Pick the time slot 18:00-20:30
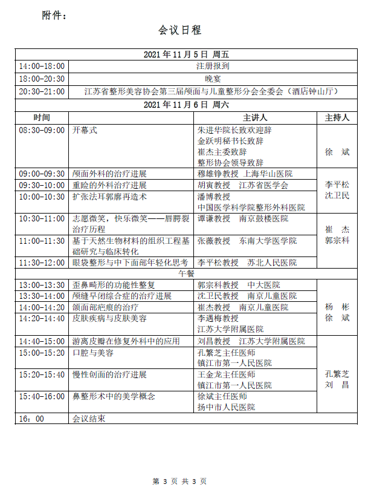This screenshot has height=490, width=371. tap(42, 79)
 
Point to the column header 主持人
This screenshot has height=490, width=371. tap(337, 117)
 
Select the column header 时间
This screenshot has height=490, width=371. tap(42, 117)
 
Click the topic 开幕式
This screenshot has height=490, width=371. tap(85, 130)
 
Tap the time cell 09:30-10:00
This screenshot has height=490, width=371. tap(42, 185)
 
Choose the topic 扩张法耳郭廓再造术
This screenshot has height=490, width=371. tap(110, 197)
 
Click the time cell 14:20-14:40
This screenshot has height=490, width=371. tap(42, 318)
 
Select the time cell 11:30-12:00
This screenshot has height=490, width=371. tap(42, 263)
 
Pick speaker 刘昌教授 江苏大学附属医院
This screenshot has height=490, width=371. tap(247, 341)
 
